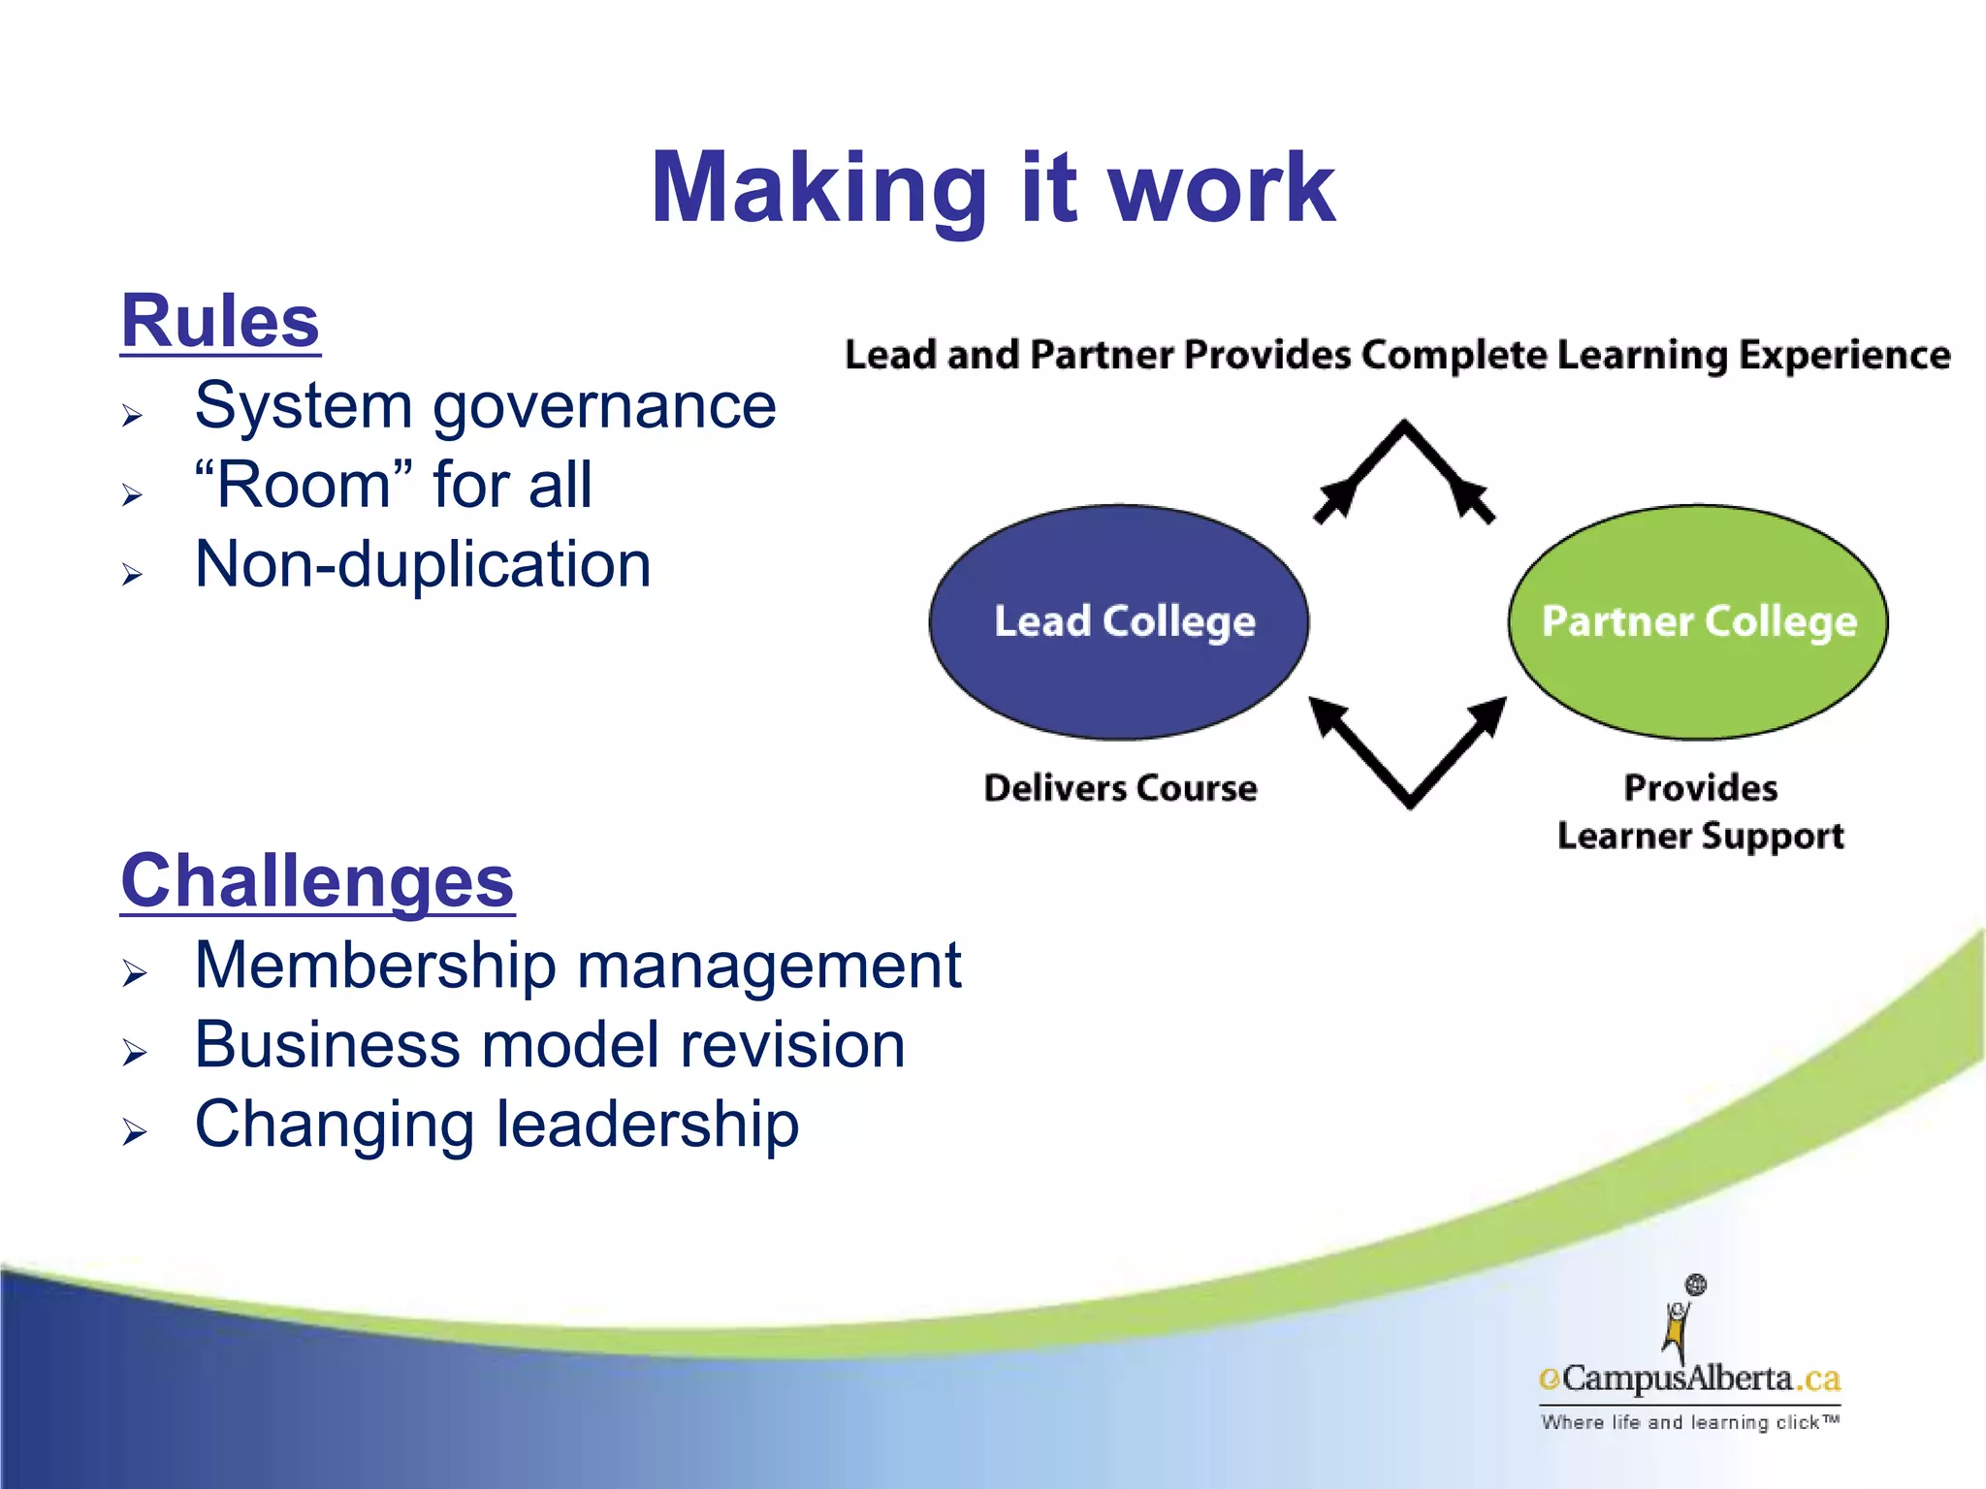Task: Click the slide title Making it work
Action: [992, 189]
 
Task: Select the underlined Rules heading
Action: [220, 322]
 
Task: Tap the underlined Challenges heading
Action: [317, 881]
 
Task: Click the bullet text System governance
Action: [485, 405]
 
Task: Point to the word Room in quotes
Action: [303, 485]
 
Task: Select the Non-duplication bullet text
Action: [423, 564]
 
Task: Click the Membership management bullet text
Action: [578, 966]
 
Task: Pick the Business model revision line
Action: [550, 1045]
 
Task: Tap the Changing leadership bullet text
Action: [496, 1125]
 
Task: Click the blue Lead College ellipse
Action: [1119, 621]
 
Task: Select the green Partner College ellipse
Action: [1698, 621]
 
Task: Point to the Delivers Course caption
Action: [1120, 788]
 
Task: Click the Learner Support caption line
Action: [1700, 836]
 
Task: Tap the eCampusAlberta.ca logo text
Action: [1689, 1378]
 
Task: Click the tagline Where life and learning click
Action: [1689, 1422]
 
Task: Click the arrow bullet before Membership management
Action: [134, 971]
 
